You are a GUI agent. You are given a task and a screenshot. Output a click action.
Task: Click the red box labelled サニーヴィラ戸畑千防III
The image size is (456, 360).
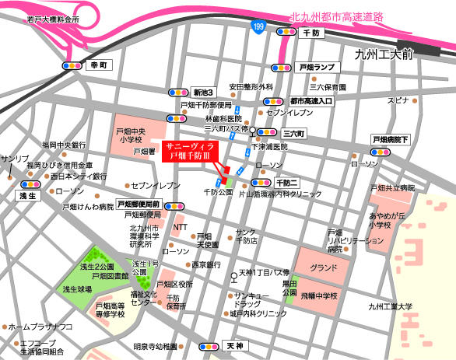(x=195, y=151)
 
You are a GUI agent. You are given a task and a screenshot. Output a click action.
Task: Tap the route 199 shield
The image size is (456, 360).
(x=257, y=26)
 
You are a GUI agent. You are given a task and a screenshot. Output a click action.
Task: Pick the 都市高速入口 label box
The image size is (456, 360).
(x=310, y=101)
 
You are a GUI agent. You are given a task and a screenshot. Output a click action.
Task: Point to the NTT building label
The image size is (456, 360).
(x=180, y=228)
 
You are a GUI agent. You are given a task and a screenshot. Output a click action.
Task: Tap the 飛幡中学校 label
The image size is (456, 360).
(x=319, y=296)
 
